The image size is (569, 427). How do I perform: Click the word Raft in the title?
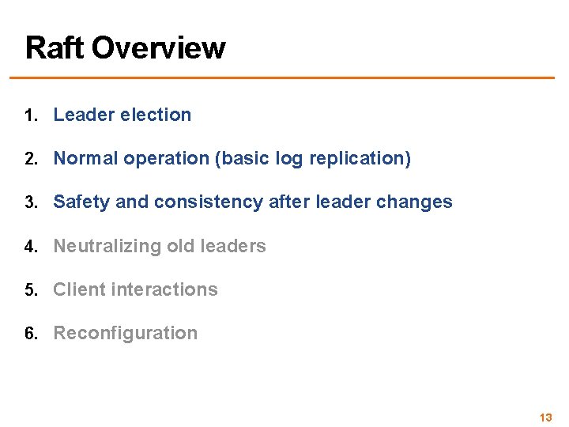(55, 47)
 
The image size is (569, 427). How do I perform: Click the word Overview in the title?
(158, 47)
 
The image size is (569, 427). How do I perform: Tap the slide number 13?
(545, 418)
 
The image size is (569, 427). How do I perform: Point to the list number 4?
(29, 247)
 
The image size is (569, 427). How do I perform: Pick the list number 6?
(29, 334)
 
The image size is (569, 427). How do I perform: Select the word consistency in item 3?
(208, 202)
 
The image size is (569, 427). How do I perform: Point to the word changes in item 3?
(414, 202)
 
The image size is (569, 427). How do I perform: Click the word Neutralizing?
(107, 246)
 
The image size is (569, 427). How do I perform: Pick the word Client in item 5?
(79, 289)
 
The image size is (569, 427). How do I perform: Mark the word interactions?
(164, 289)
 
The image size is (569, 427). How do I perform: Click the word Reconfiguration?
(125, 333)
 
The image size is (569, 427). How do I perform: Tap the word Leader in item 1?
(83, 115)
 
